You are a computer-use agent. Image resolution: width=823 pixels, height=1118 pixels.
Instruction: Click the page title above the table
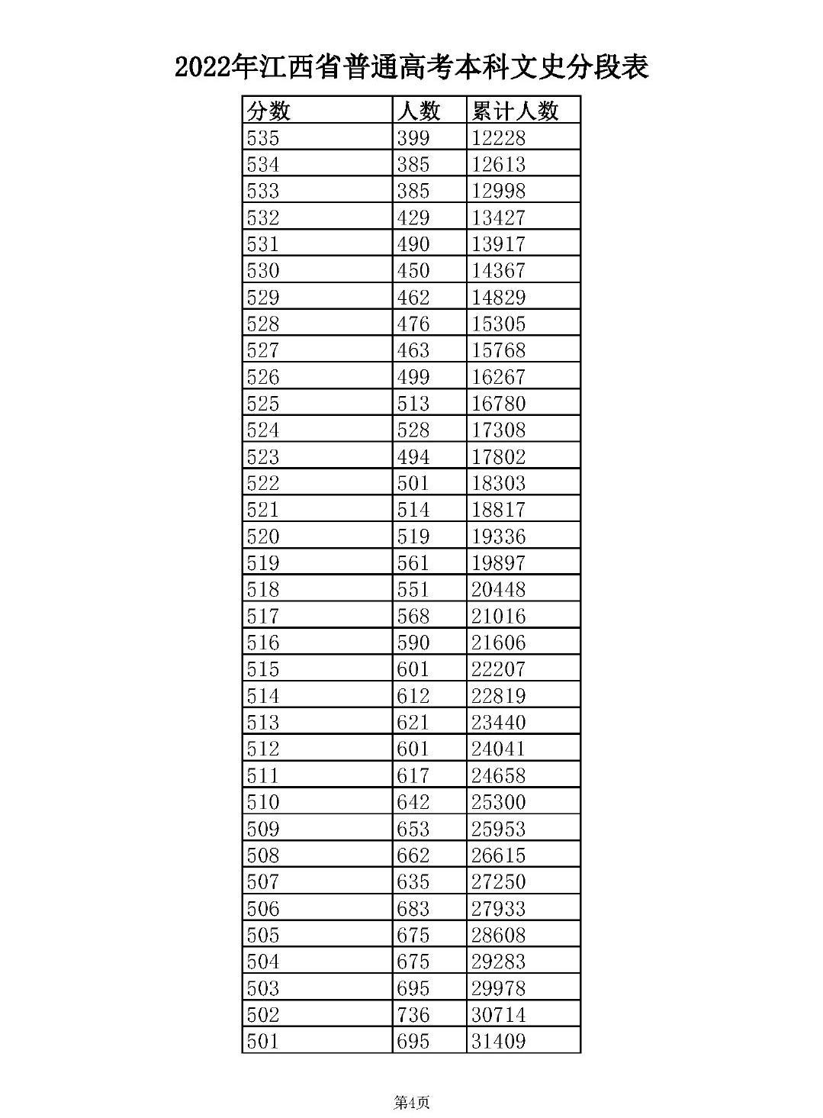click(x=411, y=67)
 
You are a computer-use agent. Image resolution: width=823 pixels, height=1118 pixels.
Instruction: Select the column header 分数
click(x=268, y=111)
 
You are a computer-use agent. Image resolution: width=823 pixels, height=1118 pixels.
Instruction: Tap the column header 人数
click(x=418, y=111)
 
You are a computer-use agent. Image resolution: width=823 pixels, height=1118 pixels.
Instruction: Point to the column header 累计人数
click(x=515, y=111)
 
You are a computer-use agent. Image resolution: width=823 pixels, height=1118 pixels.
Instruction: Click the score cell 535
click(x=263, y=138)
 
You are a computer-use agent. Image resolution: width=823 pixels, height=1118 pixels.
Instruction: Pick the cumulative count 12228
click(x=498, y=138)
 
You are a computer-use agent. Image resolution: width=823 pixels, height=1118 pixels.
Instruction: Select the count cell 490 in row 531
click(x=413, y=244)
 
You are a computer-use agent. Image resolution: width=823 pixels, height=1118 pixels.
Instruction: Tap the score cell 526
click(x=263, y=377)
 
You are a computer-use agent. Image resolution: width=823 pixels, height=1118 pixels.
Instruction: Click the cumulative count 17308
click(x=498, y=430)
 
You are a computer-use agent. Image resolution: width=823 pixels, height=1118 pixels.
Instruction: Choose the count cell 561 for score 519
click(x=413, y=563)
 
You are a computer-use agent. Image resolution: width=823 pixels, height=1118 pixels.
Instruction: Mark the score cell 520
click(x=263, y=536)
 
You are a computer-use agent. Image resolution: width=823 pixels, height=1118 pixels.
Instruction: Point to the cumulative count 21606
click(x=498, y=643)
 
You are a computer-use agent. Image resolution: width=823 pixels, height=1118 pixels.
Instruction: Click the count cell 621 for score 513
click(x=413, y=722)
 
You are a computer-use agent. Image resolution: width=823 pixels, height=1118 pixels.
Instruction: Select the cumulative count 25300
click(x=498, y=802)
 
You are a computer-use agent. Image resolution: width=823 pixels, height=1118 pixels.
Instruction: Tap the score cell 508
click(x=263, y=855)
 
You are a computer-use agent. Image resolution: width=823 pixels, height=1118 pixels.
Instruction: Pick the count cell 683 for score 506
click(x=413, y=908)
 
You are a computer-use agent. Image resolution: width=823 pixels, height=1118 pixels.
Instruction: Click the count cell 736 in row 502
click(x=413, y=1014)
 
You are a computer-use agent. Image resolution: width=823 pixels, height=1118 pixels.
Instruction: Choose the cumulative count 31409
click(x=498, y=1041)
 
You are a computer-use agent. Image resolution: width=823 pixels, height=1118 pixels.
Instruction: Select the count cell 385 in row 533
click(x=413, y=191)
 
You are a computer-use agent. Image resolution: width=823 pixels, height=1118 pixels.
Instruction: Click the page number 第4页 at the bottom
click(x=411, y=1102)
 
